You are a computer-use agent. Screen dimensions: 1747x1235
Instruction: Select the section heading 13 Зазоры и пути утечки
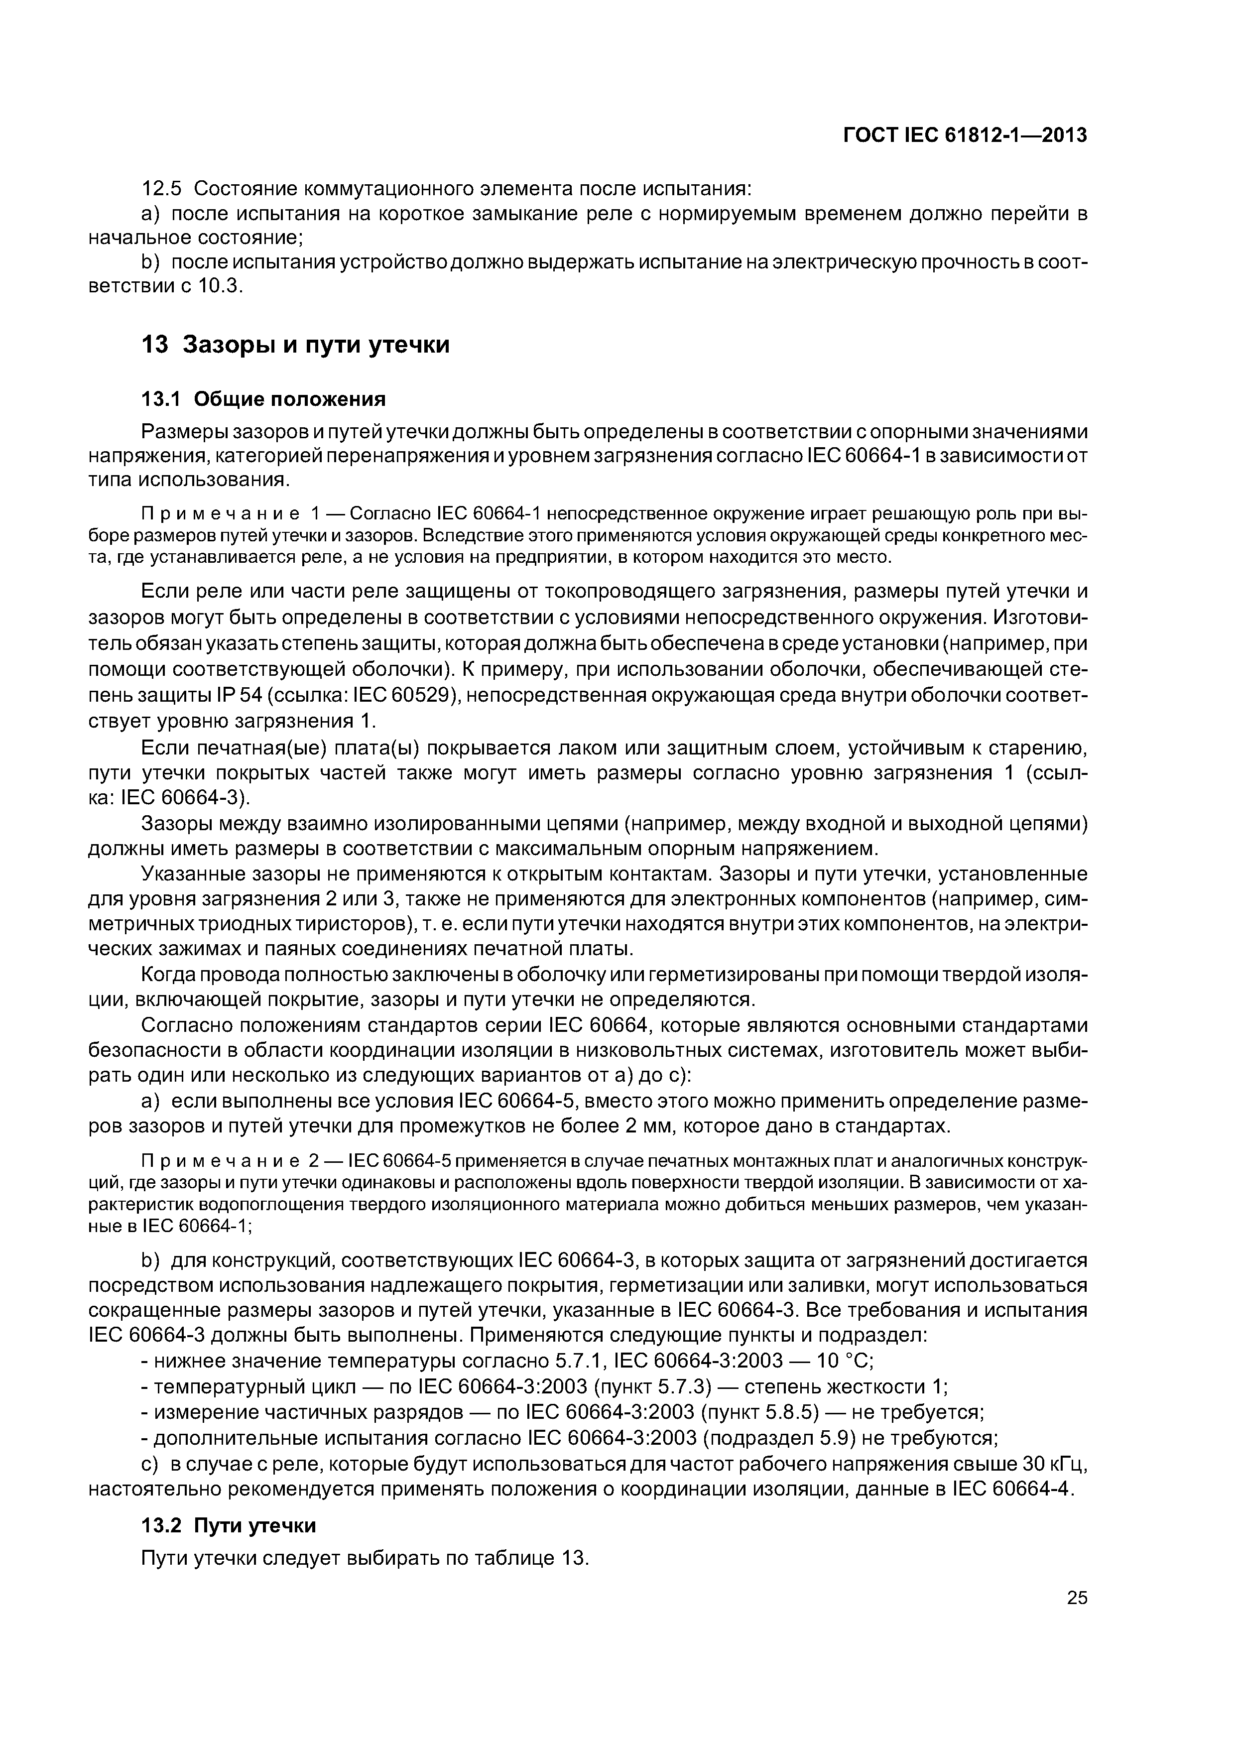pos(295,345)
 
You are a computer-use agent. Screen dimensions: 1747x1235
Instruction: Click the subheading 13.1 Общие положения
pos(264,399)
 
